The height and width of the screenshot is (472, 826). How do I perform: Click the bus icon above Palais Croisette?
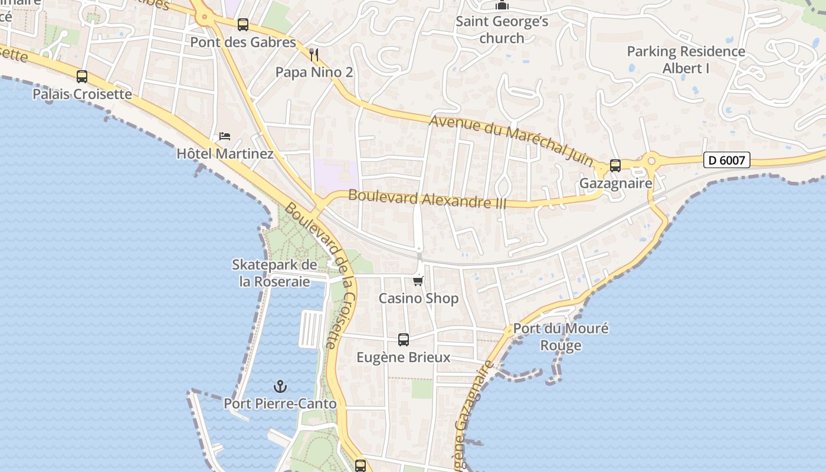82,77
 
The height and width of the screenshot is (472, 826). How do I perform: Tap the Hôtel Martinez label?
225,154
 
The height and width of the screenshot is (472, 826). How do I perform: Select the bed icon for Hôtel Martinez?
225,136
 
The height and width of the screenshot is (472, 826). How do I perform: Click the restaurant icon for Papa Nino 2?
314,55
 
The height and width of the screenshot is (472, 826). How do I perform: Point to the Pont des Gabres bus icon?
243,25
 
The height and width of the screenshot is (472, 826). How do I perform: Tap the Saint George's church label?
502,30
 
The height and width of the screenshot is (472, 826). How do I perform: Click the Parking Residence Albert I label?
686,60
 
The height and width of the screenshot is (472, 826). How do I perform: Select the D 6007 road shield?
726,160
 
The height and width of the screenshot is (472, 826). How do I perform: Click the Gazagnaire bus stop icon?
615,166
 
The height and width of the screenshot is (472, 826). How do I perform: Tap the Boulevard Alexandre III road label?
427,198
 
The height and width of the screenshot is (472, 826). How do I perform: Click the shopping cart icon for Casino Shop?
418,281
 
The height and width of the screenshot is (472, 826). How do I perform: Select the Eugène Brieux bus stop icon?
404,340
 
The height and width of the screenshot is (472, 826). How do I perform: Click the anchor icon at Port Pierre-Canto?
280,386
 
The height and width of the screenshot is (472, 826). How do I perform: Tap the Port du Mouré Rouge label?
560,337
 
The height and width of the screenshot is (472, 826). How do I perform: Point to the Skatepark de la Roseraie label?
274,273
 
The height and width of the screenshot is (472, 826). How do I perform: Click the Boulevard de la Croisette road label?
322,275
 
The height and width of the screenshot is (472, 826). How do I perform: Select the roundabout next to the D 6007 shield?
651,160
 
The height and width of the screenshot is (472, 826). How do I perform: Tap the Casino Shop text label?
418,299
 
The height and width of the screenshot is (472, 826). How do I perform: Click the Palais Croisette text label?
82,94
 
